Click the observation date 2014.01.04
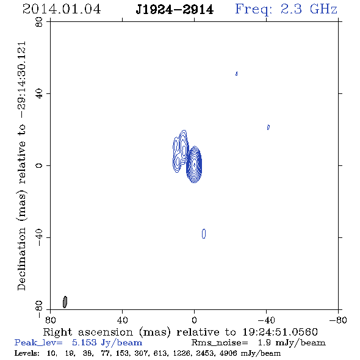62,9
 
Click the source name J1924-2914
175,10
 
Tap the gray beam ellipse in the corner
65,302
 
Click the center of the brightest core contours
194,164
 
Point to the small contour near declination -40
204,234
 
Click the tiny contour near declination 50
237,73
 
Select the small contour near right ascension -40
268,127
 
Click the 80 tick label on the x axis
50,320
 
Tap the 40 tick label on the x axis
122,320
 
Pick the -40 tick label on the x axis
266,320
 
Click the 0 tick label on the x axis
194,320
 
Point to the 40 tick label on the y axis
39,94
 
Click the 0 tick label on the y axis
39,165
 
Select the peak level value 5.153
84,342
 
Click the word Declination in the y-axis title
21,259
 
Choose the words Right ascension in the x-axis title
88,332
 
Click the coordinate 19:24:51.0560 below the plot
280,332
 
